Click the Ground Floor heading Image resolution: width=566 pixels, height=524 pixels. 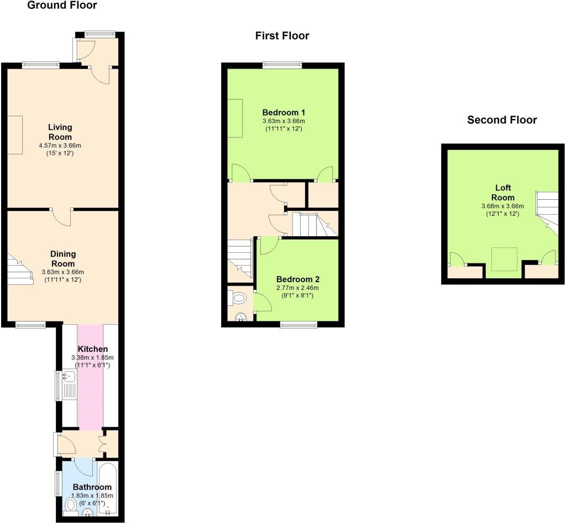point(62,6)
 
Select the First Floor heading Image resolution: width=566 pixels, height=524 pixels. point(282,36)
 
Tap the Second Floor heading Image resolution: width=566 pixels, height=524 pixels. point(502,120)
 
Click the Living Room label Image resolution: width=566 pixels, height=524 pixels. point(60,132)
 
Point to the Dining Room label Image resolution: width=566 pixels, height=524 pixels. point(62,258)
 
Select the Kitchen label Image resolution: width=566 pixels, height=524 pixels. point(92,349)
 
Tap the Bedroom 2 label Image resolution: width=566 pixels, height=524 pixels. point(298,279)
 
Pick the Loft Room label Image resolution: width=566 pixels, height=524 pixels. point(502,193)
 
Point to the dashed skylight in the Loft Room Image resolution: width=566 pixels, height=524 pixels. point(504,259)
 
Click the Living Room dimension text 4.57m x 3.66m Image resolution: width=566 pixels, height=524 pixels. point(60,146)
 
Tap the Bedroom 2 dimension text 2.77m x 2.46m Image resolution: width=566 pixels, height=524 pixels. point(298,288)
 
